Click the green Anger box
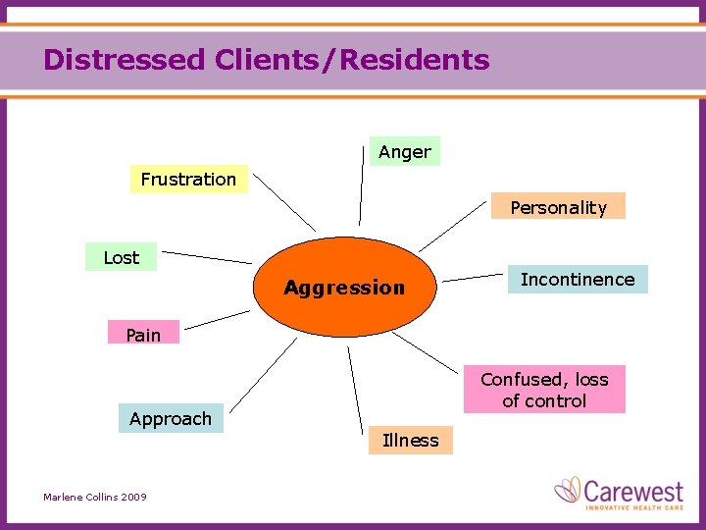point(404,151)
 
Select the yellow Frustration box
point(188,179)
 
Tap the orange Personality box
point(558,206)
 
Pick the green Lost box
point(121,257)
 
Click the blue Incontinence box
point(577,279)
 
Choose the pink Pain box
point(143,335)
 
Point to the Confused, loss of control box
point(544,390)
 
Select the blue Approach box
point(171,418)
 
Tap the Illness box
point(411,440)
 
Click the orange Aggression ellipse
point(343,287)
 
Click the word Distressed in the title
point(123,60)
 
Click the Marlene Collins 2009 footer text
point(95,497)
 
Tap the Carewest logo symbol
point(568,489)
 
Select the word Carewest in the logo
point(635,488)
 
